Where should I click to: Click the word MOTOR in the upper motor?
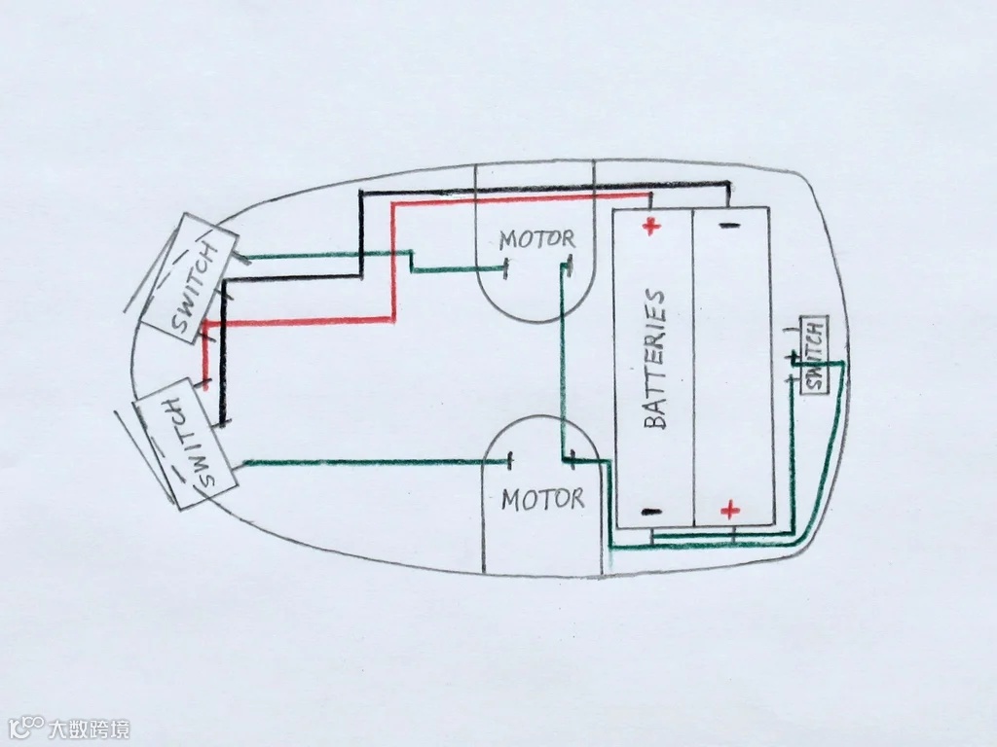coord(536,238)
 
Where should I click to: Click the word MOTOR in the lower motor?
coord(542,500)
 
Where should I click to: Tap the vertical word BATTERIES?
coord(655,359)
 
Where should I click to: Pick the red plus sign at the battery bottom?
coord(729,510)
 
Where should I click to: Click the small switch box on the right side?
coord(813,354)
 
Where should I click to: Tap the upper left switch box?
coord(190,277)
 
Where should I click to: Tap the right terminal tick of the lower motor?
coord(576,457)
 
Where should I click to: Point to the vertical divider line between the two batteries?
coord(691,370)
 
